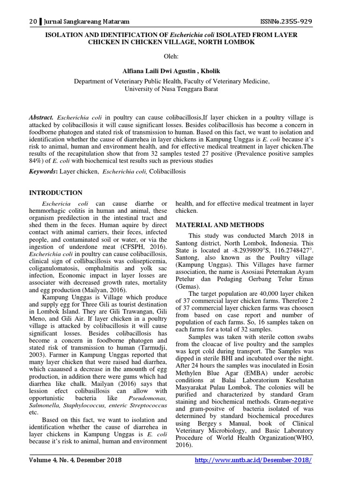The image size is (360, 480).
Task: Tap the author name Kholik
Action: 208,70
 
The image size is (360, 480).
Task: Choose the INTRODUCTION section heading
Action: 56,193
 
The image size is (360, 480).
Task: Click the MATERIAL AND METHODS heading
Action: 219,225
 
